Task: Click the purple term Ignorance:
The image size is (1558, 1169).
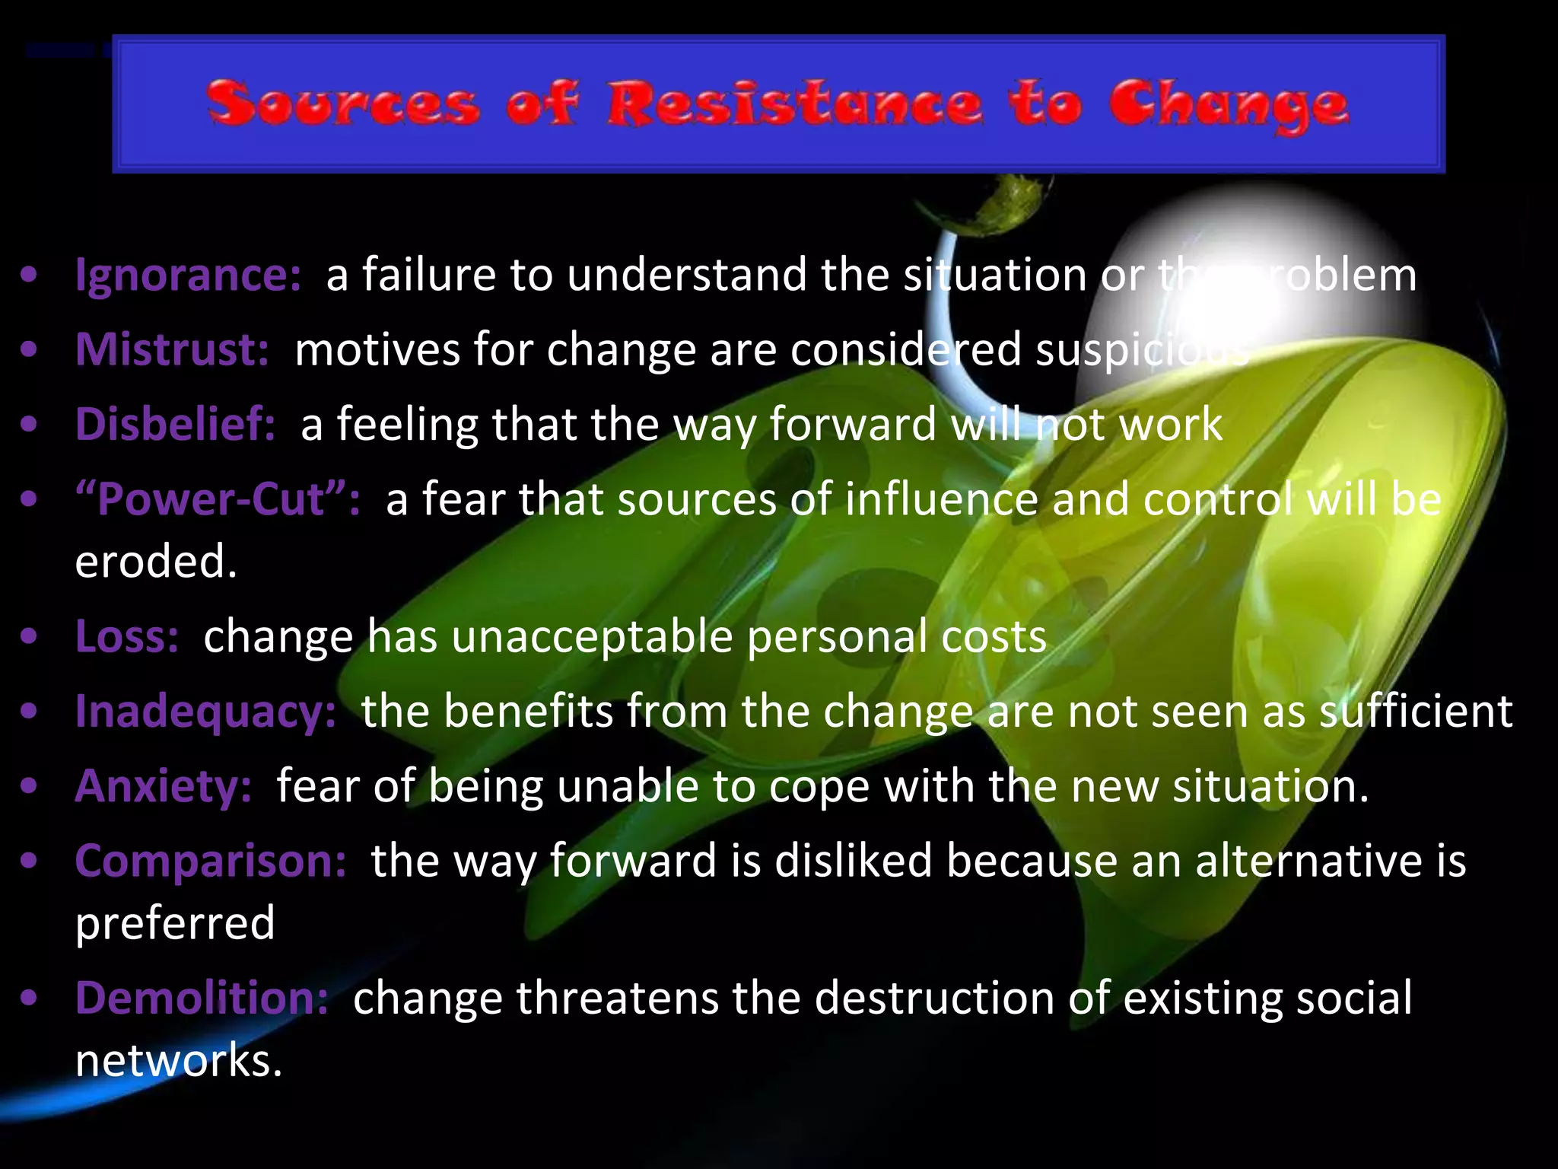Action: coord(188,276)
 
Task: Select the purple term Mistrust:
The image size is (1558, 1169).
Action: coord(172,350)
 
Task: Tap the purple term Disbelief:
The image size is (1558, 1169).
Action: coord(175,424)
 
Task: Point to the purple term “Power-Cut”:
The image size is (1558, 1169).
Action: coord(218,499)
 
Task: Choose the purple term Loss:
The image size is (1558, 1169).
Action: coord(127,636)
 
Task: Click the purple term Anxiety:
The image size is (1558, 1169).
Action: coord(163,785)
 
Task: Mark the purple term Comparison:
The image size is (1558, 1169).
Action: coord(211,861)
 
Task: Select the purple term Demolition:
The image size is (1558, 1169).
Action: coord(202,998)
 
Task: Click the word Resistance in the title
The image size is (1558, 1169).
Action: coord(794,104)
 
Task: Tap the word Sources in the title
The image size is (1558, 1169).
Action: coord(343,104)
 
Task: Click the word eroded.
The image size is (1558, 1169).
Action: coord(156,562)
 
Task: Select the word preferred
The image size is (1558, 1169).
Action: coord(175,924)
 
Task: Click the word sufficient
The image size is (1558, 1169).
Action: coord(1416,712)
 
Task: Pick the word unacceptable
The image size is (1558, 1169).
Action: coord(592,638)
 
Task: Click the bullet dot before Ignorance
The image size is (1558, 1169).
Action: coord(29,276)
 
